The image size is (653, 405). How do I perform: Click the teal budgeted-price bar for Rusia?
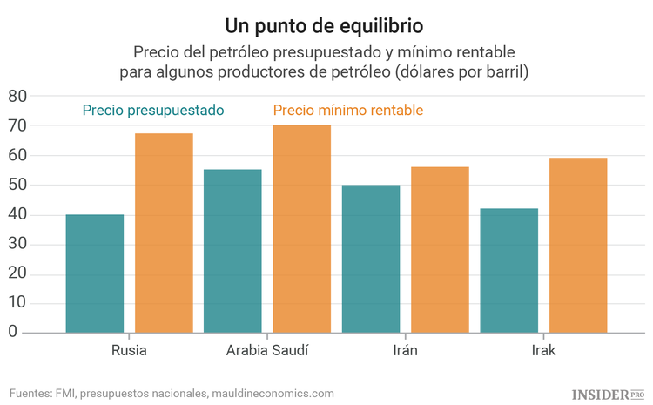(94, 273)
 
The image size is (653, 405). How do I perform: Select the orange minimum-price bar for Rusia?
(164, 233)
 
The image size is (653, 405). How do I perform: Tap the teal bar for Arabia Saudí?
(232, 251)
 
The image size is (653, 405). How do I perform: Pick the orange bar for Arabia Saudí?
(301, 228)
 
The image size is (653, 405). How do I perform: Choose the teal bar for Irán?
(371, 259)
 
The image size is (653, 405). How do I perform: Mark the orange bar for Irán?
(440, 249)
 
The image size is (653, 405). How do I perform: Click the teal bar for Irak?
(508, 270)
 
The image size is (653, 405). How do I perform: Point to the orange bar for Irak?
(578, 245)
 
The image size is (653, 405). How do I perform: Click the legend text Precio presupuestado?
(153, 111)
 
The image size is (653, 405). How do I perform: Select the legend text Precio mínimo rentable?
(348, 111)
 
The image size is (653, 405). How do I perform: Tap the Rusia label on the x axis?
(129, 351)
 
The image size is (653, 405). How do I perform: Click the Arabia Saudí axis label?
(267, 351)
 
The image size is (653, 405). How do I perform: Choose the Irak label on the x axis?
(543, 351)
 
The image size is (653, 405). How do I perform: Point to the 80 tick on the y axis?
(18, 96)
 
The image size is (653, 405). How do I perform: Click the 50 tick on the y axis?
(18, 185)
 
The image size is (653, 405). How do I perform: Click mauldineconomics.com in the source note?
(273, 394)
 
